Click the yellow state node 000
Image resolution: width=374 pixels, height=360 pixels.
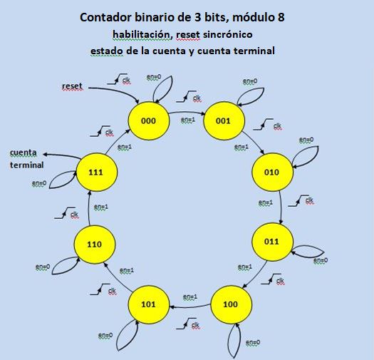148,121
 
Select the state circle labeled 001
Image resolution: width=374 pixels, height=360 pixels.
224,121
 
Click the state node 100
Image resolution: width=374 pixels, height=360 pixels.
230,304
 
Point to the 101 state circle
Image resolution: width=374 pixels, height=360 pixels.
148,304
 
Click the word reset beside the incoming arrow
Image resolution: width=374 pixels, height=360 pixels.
72,86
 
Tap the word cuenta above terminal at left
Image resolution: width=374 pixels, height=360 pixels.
24,152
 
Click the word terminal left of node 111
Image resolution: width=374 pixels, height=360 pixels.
26,165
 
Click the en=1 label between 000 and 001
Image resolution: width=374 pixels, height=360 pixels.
187,120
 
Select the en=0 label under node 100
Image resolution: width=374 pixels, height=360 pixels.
252,343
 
